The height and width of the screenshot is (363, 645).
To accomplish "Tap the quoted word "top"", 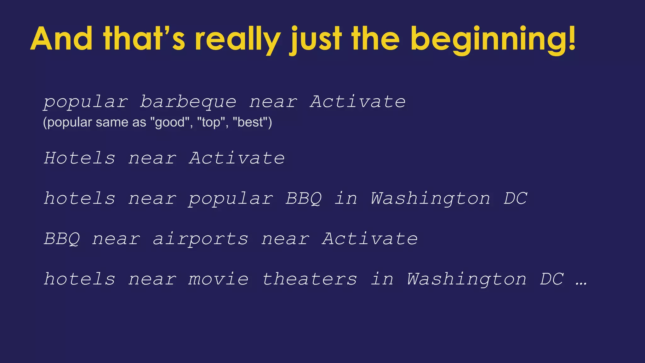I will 211,122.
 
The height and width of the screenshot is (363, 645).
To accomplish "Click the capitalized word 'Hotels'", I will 80,158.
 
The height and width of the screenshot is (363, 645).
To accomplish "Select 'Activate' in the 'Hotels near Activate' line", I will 237,158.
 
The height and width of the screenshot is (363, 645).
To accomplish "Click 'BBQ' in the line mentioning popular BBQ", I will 304,199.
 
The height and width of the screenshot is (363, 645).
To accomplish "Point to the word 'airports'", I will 201,239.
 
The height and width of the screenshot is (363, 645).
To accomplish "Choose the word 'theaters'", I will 310,279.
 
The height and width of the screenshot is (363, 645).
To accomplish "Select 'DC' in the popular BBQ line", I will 515,199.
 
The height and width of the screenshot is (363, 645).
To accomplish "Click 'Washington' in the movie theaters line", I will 466,279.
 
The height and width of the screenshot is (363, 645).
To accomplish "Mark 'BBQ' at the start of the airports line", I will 62,239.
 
